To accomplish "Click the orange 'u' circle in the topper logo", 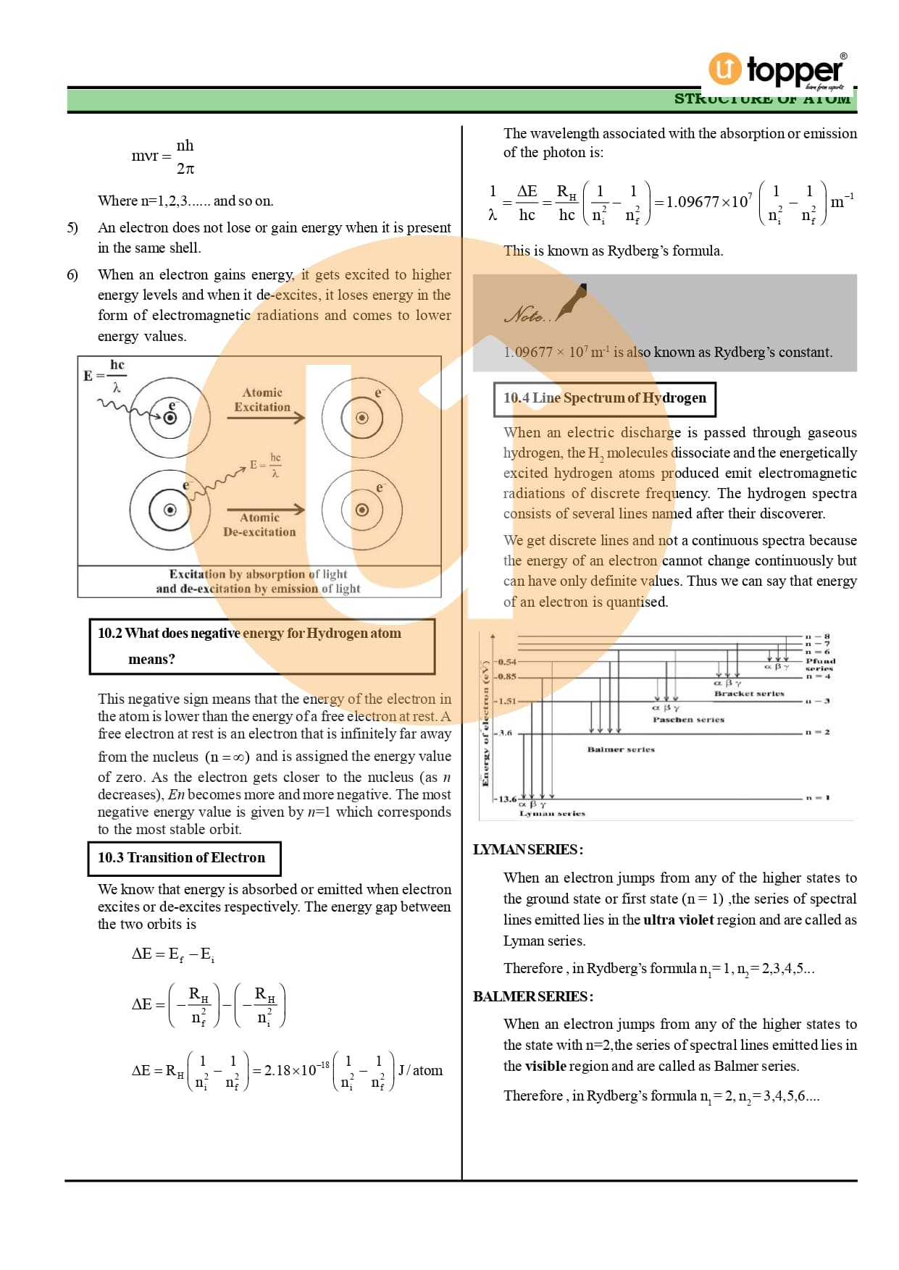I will [724, 69].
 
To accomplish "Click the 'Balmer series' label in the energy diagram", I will [621, 749].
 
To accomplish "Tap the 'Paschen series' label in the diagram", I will [688, 720].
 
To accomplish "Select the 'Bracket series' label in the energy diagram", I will [749, 694].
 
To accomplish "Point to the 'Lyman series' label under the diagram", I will [552, 814].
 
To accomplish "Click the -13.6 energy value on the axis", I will [506, 799].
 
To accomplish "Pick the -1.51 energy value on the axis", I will [506, 701].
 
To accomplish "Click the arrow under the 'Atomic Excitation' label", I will [266, 418].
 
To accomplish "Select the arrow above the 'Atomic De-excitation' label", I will [266, 509].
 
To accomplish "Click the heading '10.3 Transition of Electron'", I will [182, 858].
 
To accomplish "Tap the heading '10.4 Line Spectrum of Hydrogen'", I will [604, 398].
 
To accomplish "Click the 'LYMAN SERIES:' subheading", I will [528, 850].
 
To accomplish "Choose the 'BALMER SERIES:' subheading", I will [533, 997].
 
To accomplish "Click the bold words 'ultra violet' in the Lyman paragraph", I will [678, 920].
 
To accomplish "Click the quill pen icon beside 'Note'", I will [572, 302].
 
